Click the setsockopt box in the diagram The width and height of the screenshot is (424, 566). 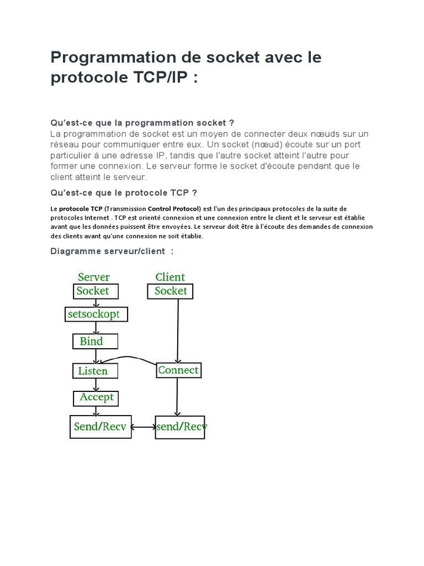coord(97,315)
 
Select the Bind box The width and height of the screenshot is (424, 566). coord(95,342)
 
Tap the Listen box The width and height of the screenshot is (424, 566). coord(95,370)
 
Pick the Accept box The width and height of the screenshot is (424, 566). coord(97,397)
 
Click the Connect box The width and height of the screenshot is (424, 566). coord(178,370)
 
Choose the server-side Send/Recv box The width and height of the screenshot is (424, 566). coord(100,427)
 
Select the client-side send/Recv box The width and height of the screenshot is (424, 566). coord(180,427)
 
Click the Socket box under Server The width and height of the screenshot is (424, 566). coord(92,291)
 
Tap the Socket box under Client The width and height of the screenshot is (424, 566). coord(171,291)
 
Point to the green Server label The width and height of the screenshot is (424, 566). coord(93,277)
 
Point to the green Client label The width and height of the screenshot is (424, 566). coord(170,277)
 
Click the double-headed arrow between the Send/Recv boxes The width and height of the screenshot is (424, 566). coord(144,427)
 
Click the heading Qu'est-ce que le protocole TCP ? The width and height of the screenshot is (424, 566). coord(124,192)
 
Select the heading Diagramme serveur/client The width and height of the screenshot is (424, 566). coord(108,251)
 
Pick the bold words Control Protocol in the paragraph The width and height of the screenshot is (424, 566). coord(175,208)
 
